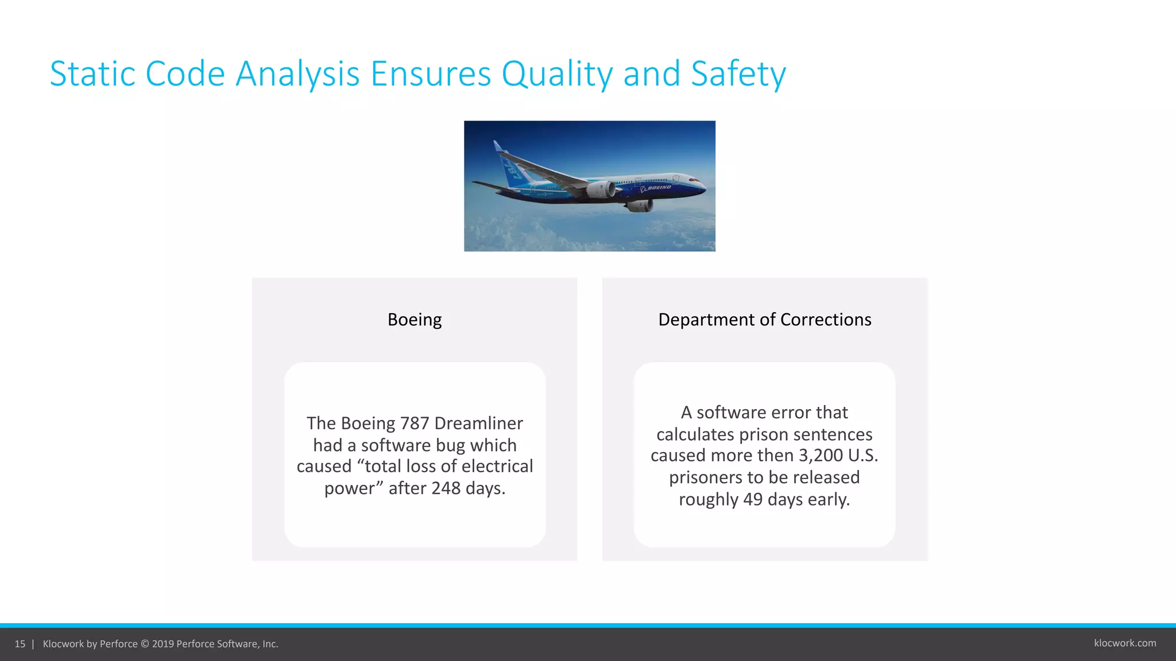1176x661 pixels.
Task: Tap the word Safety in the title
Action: click(738, 74)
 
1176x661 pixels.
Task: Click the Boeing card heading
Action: click(415, 320)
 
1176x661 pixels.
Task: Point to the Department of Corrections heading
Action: click(764, 320)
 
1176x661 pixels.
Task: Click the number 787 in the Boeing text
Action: click(415, 423)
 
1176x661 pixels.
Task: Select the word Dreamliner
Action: click(478, 423)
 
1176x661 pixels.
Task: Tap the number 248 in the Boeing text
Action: click(446, 488)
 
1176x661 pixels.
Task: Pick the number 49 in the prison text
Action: click(753, 499)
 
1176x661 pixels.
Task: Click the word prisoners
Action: click(705, 477)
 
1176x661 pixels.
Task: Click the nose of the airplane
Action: click(702, 185)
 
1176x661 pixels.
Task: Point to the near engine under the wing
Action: click(601, 189)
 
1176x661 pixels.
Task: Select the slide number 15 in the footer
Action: click(20, 644)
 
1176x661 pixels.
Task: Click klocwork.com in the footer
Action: click(1125, 643)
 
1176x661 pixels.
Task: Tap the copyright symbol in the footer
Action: click(145, 644)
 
